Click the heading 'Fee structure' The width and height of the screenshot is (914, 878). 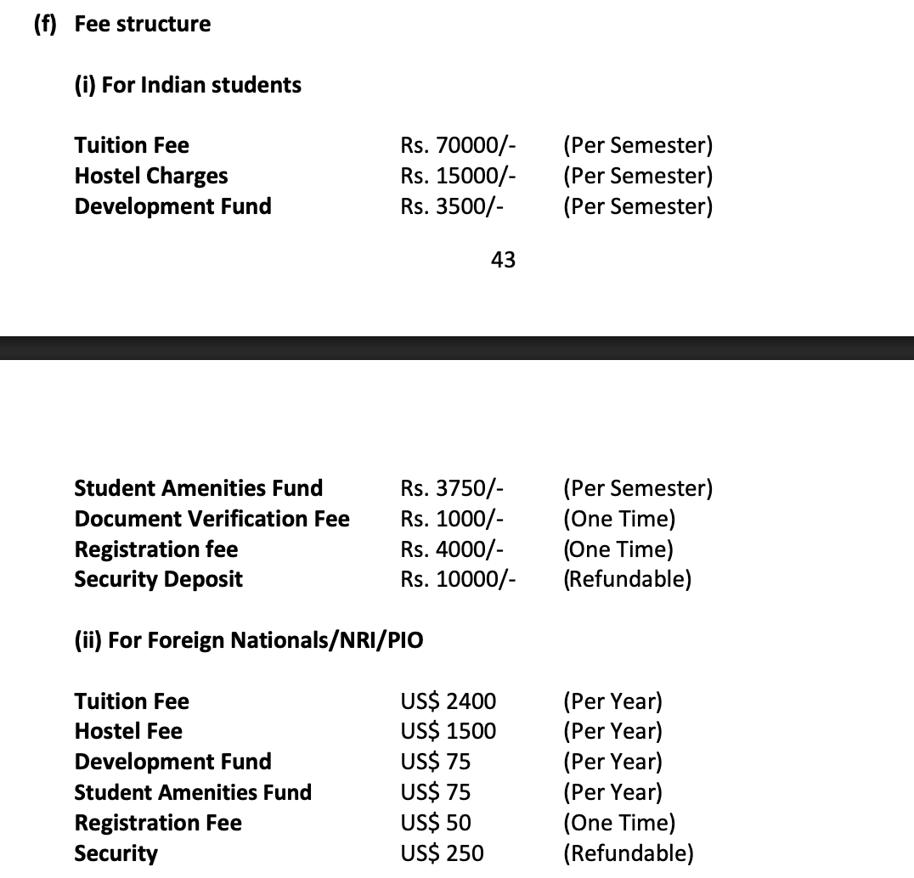point(142,24)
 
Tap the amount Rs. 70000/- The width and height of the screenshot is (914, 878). point(458,145)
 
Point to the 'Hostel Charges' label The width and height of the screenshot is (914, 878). point(151,176)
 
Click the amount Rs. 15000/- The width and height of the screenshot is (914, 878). point(458,176)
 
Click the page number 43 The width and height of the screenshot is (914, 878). point(503,260)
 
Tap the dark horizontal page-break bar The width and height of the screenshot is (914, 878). point(457,348)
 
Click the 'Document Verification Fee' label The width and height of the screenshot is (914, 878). point(212,519)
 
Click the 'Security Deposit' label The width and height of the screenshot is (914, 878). point(158,580)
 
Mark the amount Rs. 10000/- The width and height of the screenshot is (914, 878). point(458,580)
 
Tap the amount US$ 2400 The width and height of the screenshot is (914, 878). point(448,701)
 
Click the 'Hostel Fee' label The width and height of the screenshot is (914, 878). point(128,731)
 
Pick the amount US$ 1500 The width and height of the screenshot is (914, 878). point(448,731)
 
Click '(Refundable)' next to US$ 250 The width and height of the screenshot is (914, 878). point(628,853)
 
